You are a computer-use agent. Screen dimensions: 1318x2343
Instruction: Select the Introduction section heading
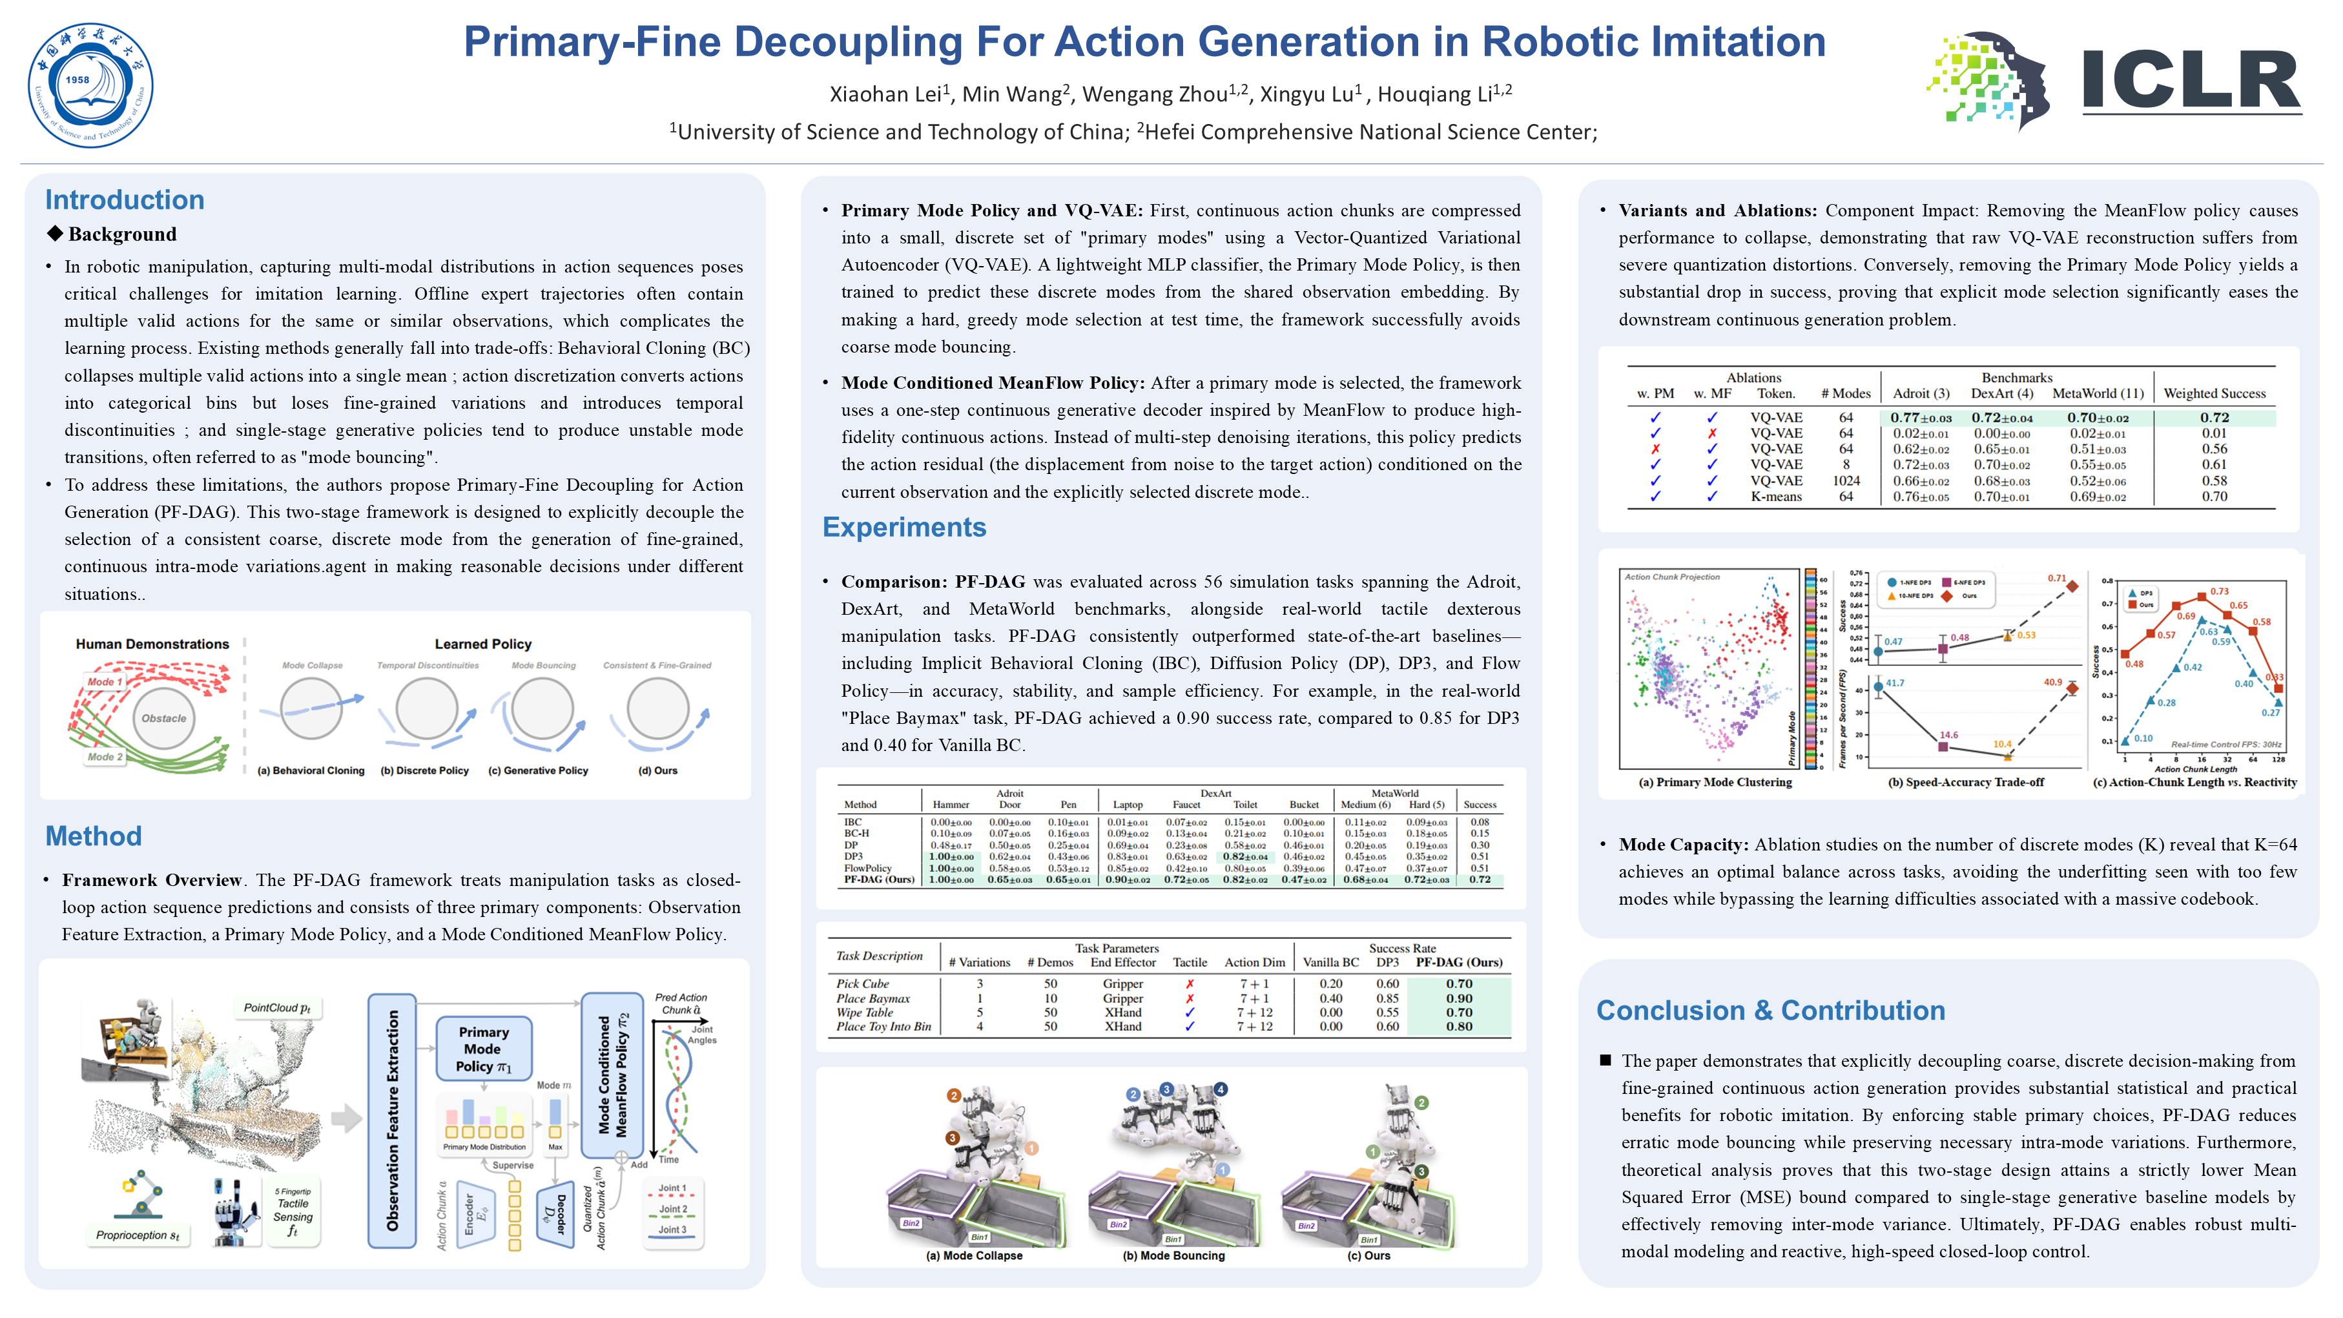[125, 200]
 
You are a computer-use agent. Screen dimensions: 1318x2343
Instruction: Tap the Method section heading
[94, 836]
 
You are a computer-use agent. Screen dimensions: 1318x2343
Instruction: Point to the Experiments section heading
[903, 528]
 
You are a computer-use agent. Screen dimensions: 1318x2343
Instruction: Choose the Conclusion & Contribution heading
[1770, 1011]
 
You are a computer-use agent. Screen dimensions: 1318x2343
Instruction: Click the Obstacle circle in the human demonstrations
[164, 717]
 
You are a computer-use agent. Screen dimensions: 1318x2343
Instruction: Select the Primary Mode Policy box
[484, 1049]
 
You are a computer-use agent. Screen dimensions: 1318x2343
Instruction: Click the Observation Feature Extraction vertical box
[392, 1120]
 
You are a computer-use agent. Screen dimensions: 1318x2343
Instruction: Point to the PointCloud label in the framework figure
[276, 1008]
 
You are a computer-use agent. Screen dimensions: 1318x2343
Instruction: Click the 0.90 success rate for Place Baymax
[1459, 998]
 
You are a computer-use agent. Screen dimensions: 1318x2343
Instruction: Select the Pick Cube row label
[862, 983]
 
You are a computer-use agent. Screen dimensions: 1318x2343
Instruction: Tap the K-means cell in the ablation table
[1775, 497]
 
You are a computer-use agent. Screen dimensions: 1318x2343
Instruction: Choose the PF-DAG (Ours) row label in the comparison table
[878, 880]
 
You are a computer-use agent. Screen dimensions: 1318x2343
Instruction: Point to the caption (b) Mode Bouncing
[1173, 1255]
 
